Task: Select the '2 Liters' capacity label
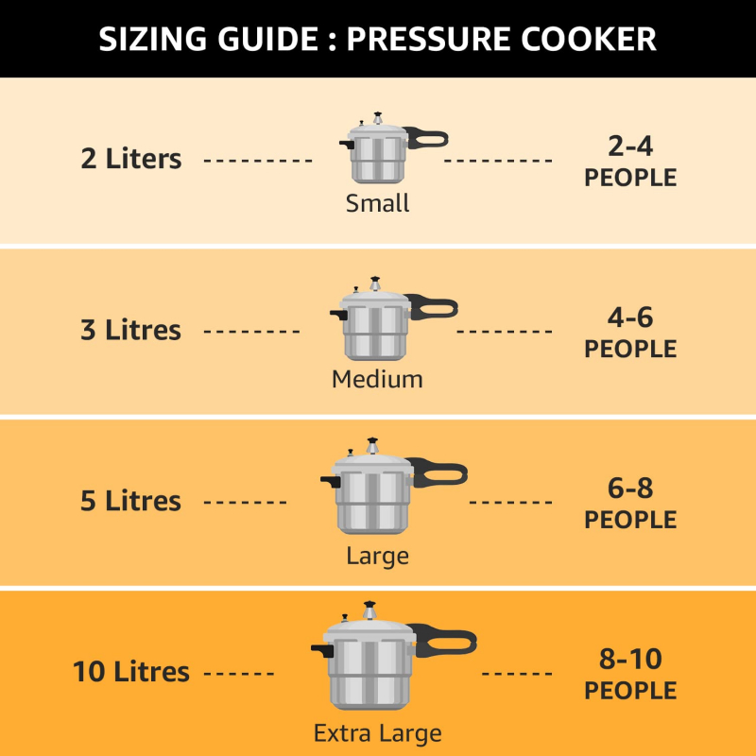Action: [x=130, y=159]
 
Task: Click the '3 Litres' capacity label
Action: [x=130, y=331]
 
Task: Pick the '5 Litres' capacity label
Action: [x=130, y=501]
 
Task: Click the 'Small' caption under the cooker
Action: [x=377, y=203]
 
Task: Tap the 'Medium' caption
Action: [x=377, y=379]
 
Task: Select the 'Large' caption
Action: [x=377, y=555]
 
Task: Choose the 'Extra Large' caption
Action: [x=377, y=733]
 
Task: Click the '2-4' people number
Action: [x=630, y=146]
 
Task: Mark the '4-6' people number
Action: [x=630, y=318]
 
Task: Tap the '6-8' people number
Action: [x=630, y=489]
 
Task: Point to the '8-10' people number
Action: [x=630, y=660]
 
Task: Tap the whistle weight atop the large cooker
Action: [x=374, y=443]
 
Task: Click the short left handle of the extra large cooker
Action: [x=321, y=650]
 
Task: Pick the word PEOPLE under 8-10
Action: [x=630, y=691]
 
